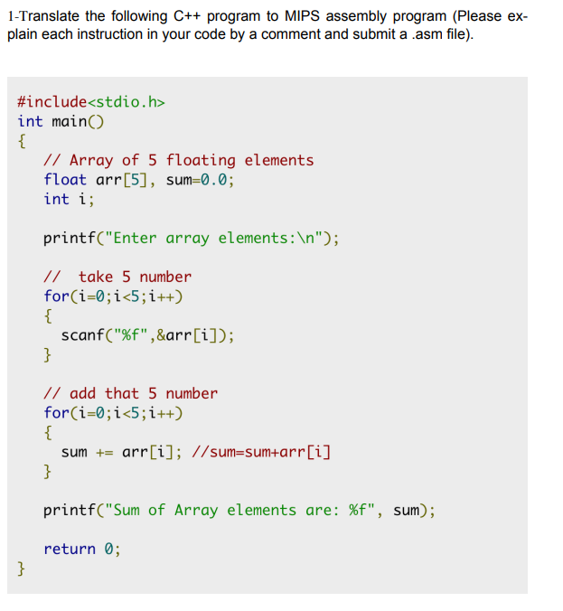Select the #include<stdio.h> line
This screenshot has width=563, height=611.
tap(91, 101)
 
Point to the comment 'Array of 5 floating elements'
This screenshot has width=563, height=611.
tap(191, 160)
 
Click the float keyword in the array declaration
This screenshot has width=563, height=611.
tap(65, 179)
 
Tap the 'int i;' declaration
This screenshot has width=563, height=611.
tap(69, 198)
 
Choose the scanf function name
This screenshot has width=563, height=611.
tap(82, 335)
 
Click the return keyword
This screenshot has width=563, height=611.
tap(70, 549)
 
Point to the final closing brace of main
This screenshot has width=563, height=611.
tap(22, 569)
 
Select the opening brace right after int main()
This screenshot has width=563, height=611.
tap(22, 140)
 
